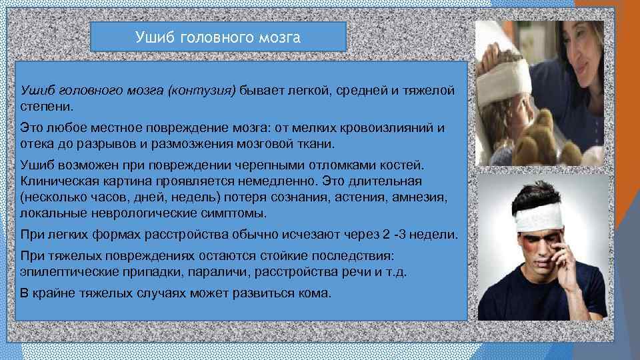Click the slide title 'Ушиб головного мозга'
(218, 37)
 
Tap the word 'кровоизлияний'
(388, 127)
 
